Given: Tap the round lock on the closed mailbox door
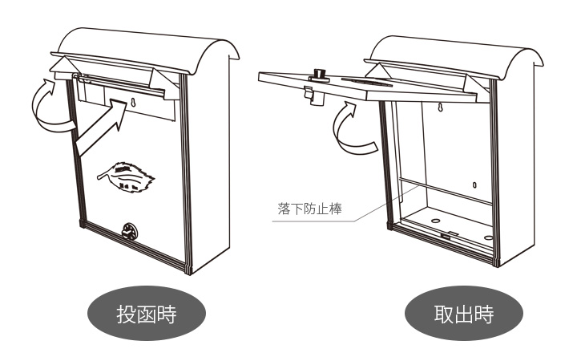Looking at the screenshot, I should pyautogui.click(x=128, y=231).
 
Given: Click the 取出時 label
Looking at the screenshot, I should pyautogui.click(x=463, y=314).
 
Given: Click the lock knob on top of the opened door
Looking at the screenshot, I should pyautogui.click(x=320, y=75).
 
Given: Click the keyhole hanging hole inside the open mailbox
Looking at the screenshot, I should pyautogui.click(x=439, y=107).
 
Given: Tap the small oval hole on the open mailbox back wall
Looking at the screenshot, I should pyautogui.click(x=474, y=185).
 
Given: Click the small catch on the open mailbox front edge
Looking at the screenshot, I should pyautogui.click(x=450, y=237).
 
